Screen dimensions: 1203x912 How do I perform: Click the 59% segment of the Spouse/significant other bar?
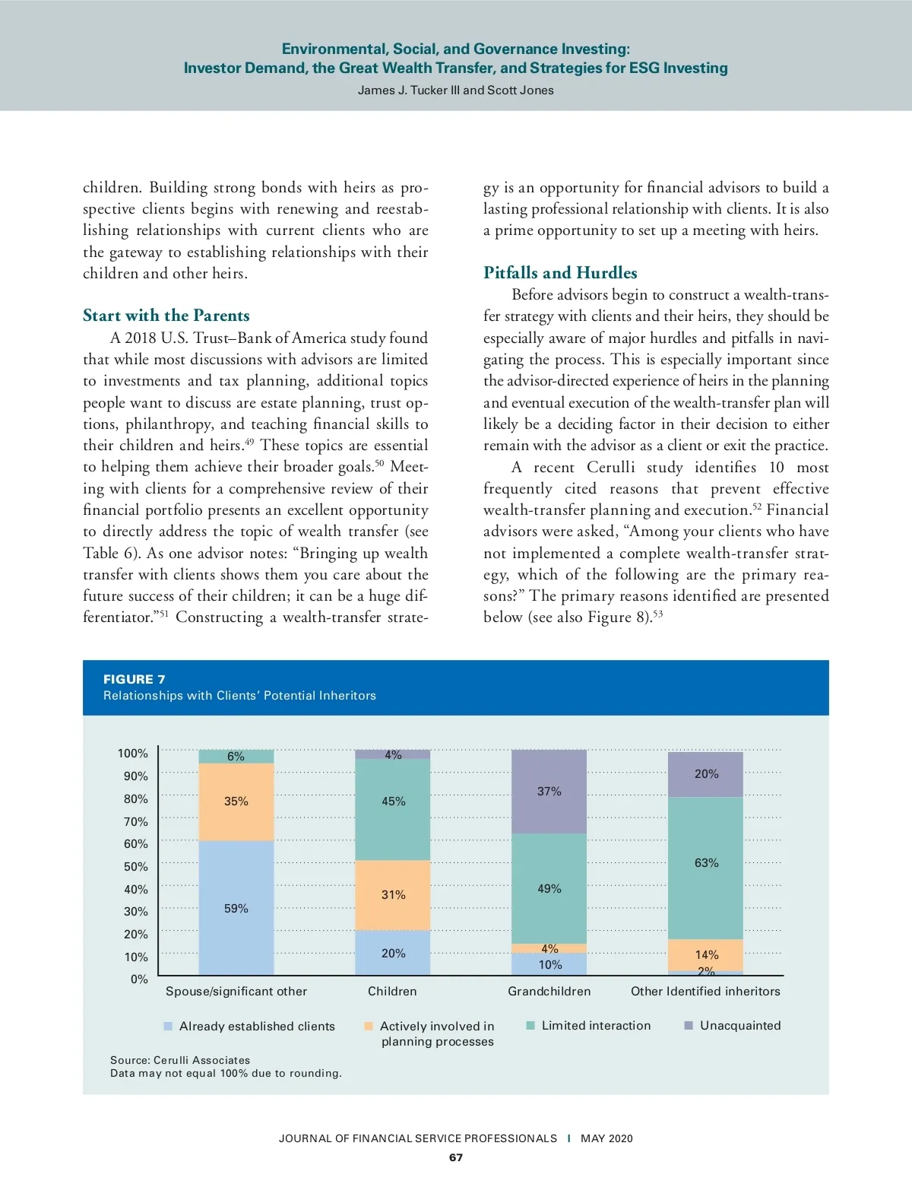(x=236, y=908)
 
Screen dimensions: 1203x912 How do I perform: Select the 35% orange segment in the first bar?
(x=236, y=801)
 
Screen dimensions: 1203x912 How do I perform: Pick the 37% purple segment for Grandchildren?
(x=549, y=792)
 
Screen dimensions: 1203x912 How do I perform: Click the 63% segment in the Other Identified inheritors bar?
(x=706, y=863)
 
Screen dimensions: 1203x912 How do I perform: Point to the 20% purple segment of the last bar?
(x=706, y=774)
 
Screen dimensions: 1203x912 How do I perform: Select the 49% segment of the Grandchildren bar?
(x=549, y=888)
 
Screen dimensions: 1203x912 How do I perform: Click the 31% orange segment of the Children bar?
(x=393, y=895)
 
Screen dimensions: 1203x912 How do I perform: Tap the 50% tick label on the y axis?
(x=136, y=867)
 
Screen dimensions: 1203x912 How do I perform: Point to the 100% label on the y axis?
(x=133, y=754)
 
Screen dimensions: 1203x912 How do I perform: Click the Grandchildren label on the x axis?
(x=549, y=992)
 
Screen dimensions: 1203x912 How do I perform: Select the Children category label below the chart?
(x=392, y=992)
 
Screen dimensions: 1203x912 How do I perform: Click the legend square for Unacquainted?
(x=689, y=1026)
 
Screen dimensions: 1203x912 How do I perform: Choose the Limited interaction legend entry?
(x=596, y=1026)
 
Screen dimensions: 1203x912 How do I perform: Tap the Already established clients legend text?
(x=257, y=1027)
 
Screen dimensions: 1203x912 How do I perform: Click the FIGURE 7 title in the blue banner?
(x=135, y=680)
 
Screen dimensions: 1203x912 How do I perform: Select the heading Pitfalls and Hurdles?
(x=560, y=273)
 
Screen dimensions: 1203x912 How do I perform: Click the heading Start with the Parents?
(x=166, y=316)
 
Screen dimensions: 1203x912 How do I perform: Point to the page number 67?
(x=456, y=1157)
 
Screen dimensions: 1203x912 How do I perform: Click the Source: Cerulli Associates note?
(x=180, y=1060)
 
